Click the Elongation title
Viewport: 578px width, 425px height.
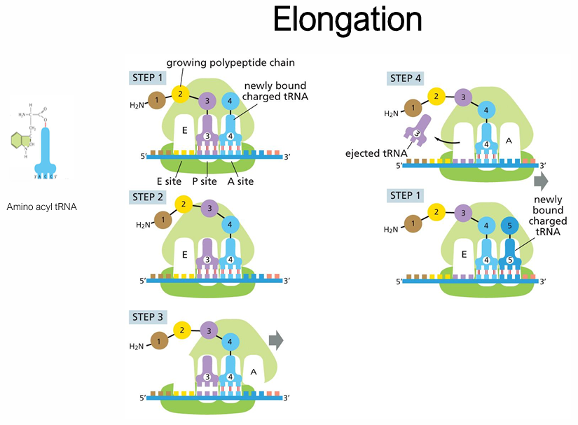click(348, 20)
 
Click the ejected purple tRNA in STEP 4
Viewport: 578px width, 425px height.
click(415, 132)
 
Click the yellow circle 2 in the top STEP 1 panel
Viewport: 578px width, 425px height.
click(180, 93)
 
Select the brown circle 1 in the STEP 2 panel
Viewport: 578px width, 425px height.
click(163, 220)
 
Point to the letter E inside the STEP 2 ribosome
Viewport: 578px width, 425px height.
click(185, 255)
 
